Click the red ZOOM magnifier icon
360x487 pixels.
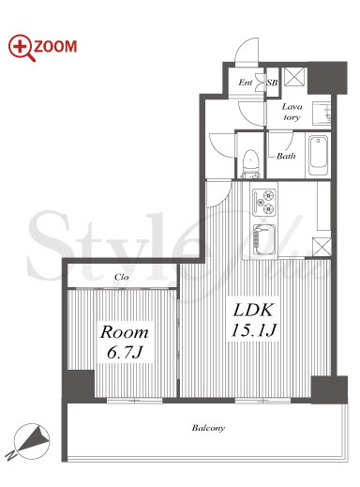[21, 47]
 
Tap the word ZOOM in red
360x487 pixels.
[55, 47]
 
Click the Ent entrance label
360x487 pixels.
[245, 83]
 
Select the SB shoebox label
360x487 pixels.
[272, 83]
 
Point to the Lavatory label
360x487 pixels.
[292, 112]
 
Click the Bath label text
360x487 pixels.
[286, 156]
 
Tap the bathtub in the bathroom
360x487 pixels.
[318, 155]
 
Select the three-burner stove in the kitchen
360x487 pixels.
[264, 202]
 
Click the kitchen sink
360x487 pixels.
[264, 239]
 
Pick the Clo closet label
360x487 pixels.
[122, 277]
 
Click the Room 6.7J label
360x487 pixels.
[125, 342]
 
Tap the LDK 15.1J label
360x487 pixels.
[254, 320]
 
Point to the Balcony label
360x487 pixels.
[208, 428]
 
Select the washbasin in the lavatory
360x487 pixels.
[322, 114]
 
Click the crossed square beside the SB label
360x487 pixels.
[292, 77]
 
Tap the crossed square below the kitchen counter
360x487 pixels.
[322, 247]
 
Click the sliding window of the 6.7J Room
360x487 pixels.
[135, 400]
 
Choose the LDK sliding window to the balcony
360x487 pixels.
[262, 400]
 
